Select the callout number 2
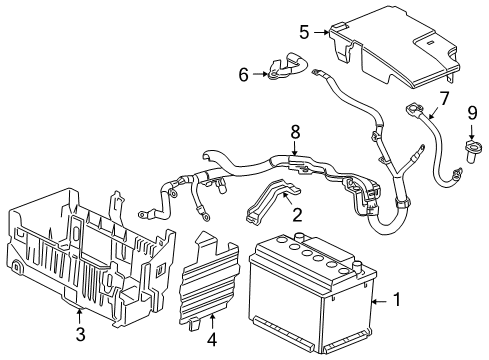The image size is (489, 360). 297,214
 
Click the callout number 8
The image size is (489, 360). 295,130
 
